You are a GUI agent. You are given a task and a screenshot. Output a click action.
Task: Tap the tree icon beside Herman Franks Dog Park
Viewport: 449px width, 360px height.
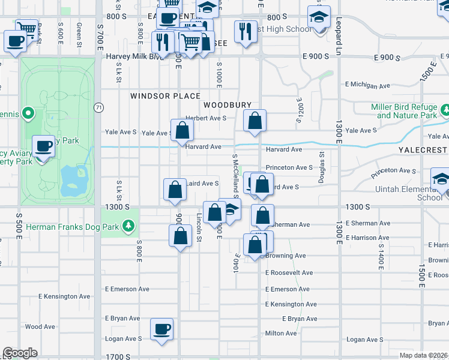[128, 226]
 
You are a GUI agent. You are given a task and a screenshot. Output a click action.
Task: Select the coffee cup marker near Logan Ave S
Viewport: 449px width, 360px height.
[161, 329]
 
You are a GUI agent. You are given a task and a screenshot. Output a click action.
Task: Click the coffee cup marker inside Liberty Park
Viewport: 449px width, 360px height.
[43, 147]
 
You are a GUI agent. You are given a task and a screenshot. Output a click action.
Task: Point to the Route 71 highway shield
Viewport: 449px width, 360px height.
[97, 107]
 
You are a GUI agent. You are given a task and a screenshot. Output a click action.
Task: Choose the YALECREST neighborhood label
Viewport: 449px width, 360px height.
[423, 149]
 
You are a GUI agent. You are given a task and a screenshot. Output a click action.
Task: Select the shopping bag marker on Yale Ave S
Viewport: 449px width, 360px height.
[182, 130]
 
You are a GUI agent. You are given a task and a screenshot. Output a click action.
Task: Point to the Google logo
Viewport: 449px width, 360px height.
[20, 353]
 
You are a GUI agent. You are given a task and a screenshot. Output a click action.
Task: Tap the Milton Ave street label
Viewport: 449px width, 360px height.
[281, 333]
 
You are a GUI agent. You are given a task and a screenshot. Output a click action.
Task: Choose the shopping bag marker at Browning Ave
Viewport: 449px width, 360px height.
[255, 245]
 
